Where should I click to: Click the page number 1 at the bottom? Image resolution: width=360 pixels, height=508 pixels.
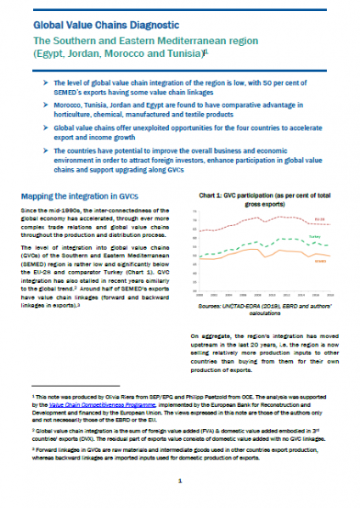[x=180, y=480]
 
